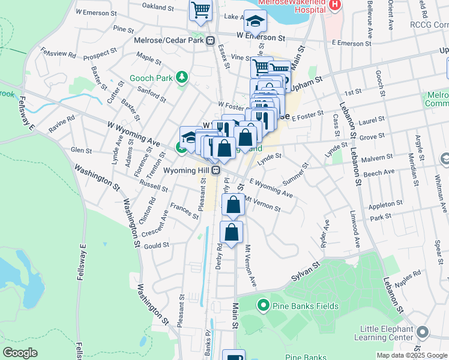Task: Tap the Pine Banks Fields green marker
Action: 262,306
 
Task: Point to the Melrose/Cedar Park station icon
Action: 211,41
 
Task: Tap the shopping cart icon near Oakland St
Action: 200,10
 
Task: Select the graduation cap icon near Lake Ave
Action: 255,21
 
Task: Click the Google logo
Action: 20,353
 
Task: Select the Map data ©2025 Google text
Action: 412,355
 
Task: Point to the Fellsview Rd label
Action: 63,54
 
